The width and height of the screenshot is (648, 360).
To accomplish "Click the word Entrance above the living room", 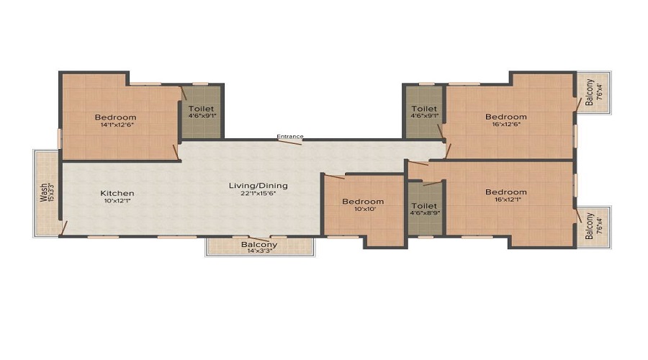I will click(291, 136).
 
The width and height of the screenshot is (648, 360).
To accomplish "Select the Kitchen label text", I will click(117, 193).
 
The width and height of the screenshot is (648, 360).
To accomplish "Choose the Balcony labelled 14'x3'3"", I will click(259, 245).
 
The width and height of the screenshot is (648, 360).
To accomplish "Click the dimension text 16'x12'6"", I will click(505, 125).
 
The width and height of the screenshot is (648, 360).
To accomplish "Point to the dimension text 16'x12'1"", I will click(505, 200).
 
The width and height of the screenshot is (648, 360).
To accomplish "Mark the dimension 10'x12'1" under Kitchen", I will click(117, 201).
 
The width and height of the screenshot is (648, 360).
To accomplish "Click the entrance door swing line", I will click(289, 143).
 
